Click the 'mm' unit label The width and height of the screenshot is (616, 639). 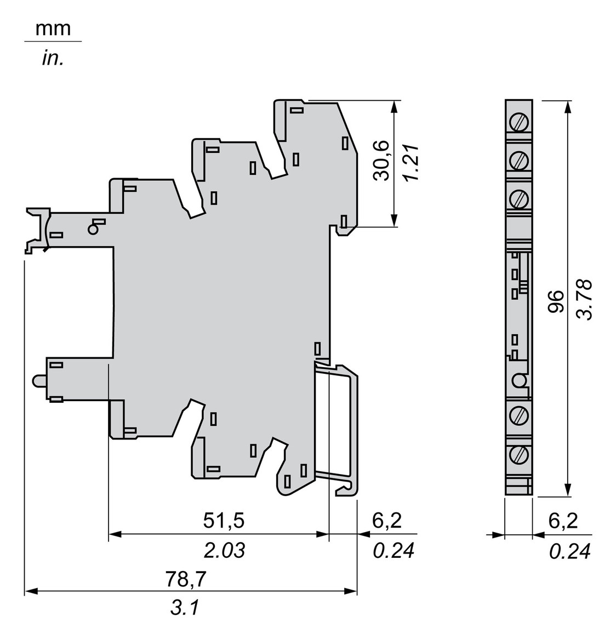(x=53, y=28)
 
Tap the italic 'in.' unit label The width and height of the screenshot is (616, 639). (x=53, y=58)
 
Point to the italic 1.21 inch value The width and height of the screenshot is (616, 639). (x=410, y=163)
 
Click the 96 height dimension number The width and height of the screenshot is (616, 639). (x=556, y=301)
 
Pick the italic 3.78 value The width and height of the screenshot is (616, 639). (x=585, y=300)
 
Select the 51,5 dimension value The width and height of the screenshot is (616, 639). (x=224, y=521)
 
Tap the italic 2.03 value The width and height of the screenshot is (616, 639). (x=224, y=550)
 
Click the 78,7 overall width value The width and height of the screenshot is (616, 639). (x=186, y=579)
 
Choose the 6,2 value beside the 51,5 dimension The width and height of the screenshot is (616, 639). (x=386, y=521)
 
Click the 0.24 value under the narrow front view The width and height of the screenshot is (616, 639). (x=570, y=551)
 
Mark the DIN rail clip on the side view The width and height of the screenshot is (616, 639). (x=337, y=427)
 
